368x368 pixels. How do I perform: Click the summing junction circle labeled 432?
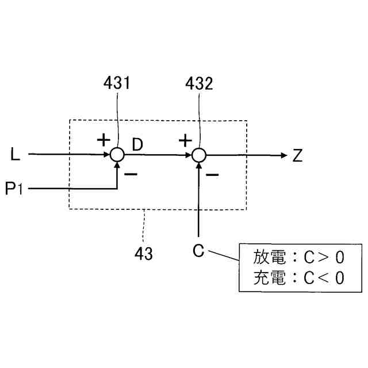[198, 155]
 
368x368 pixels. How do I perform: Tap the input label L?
[16, 155]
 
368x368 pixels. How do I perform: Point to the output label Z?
[297, 155]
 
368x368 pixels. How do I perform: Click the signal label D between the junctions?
[138, 144]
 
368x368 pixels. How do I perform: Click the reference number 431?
[117, 84]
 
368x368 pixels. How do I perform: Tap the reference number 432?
[199, 84]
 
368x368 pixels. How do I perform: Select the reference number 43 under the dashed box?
[143, 254]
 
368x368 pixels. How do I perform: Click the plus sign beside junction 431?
[103, 140]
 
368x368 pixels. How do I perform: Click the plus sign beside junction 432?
[185, 140]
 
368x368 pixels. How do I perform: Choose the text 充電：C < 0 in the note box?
[299, 278]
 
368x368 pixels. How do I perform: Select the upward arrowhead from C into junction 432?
[198, 166]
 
